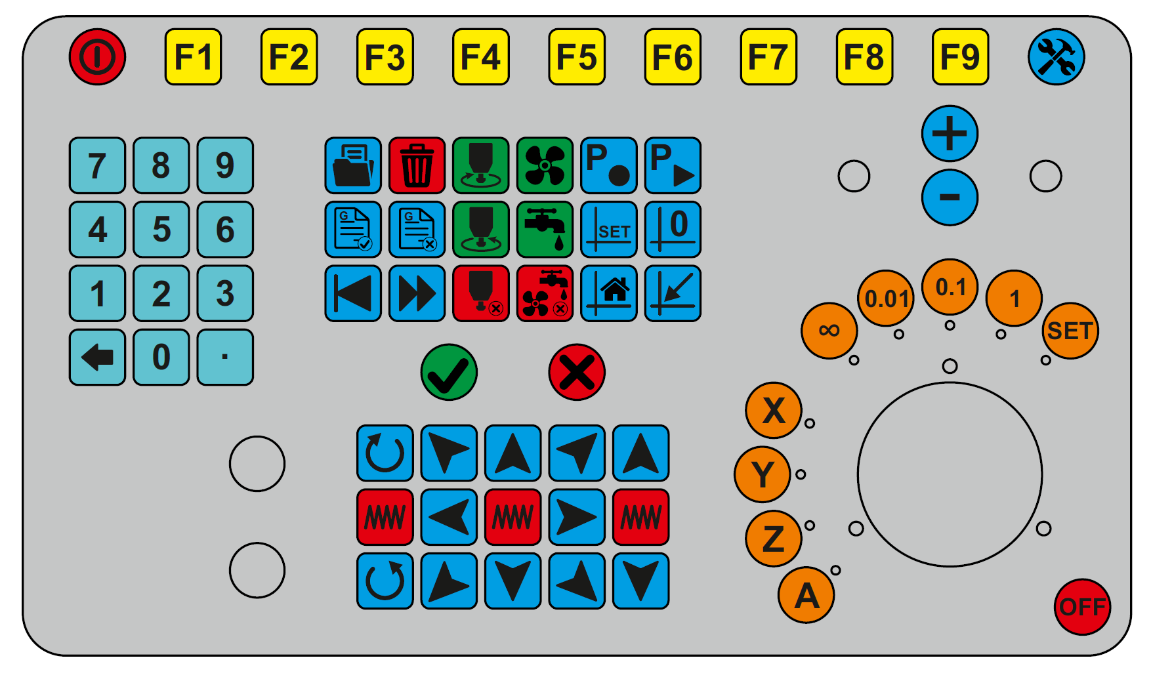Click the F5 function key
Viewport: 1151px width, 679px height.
tap(577, 57)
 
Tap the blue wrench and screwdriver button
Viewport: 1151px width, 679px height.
tap(1056, 57)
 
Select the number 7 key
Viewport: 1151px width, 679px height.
tap(97, 165)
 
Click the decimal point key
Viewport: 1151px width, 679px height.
tap(225, 357)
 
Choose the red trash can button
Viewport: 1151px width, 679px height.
tap(417, 165)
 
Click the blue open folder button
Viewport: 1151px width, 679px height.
tap(353, 165)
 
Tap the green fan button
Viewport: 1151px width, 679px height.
tap(545, 165)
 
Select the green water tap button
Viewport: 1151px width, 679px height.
tap(545, 229)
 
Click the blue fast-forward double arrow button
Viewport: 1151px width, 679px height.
tap(417, 293)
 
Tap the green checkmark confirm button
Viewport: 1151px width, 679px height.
tap(449, 372)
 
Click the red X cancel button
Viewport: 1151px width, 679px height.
tap(577, 372)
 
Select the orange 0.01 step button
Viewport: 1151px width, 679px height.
tap(886, 298)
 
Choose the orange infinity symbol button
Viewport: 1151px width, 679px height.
tap(829, 331)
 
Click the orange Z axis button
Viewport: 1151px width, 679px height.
tap(774, 539)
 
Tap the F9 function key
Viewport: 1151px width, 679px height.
tap(960, 57)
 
